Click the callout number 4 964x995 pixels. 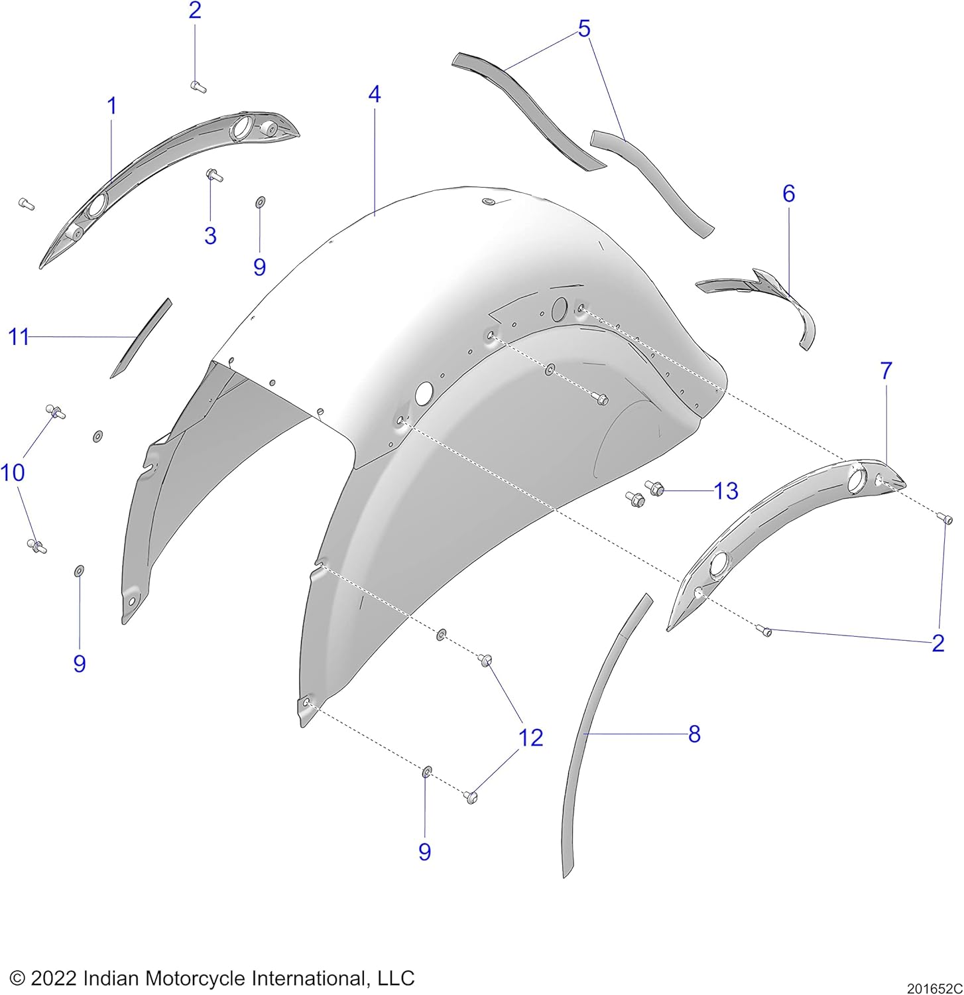tap(375, 95)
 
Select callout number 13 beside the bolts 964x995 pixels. tap(726, 492)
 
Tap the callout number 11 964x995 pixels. tap(19, 337)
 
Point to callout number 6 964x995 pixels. tap(788, 194)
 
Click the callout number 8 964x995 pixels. tap(694, 734)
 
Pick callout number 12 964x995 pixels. tap(530, 737)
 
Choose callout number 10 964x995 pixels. tap(13, 473)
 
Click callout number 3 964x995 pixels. tap(210, 235)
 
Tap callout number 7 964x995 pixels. tap(886, 371)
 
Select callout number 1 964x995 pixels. tap(112, 106)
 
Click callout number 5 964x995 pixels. tap(584, 29)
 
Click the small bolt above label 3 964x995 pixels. tap(214, 175)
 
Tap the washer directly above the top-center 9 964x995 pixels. tap(260, 201)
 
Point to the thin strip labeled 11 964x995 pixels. tap(141, 338)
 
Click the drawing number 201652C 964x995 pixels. tap(935, 988)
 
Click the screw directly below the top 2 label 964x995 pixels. tap(198, 86)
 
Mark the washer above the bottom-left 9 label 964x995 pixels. tap(79, 570)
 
